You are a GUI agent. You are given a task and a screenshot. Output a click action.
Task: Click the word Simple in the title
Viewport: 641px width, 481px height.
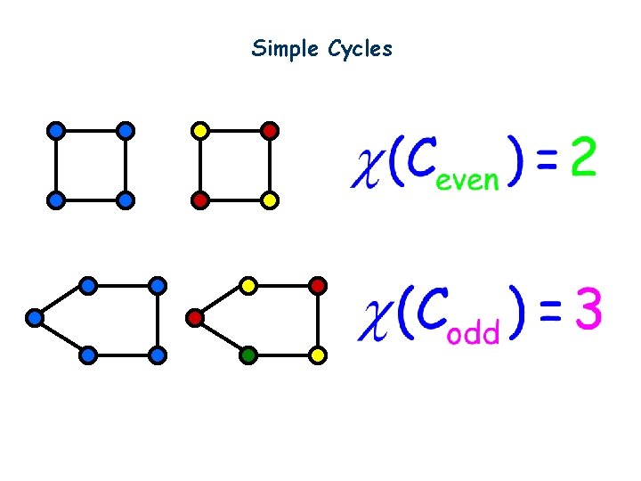(x=276, y=49)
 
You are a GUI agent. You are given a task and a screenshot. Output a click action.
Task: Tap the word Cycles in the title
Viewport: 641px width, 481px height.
(x=360, y=49)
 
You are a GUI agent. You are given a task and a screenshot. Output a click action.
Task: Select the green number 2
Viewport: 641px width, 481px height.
(x=583, y=160)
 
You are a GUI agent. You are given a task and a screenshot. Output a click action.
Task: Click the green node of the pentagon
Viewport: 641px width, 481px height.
(x=249, y=355)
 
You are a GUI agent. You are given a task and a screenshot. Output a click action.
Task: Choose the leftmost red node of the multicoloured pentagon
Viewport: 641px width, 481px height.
(x=195, y=317)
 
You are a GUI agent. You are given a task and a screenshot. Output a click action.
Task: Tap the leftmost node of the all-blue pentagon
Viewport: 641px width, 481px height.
(x=35, y=317)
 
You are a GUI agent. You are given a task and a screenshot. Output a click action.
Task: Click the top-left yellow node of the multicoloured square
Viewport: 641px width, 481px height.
(x=200, y=130)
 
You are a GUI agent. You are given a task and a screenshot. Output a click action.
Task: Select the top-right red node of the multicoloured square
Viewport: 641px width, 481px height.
(x=271, y=130)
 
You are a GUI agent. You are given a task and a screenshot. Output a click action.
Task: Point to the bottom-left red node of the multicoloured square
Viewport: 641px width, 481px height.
(x=200, y=200)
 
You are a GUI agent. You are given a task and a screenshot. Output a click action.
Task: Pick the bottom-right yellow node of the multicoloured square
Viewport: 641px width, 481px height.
(x=271, y=200)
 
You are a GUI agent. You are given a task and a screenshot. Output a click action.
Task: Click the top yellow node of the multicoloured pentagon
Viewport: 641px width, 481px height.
(x=249, y=285)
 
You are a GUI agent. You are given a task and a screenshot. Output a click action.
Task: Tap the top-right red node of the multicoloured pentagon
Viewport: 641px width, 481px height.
(x=319, y=285)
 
